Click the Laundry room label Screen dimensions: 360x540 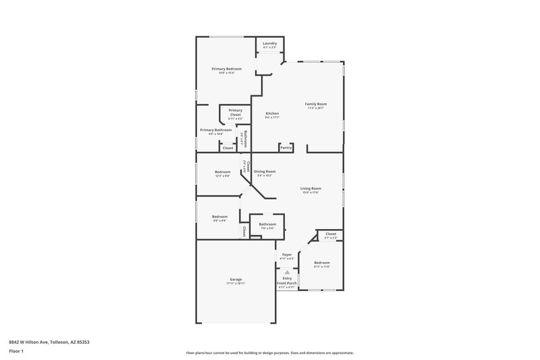(269, 44)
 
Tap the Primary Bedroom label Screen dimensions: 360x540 (226, 69)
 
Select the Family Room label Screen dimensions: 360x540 (315, 103)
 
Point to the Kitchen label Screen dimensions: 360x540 (272, 113)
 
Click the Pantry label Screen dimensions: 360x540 (286, 147)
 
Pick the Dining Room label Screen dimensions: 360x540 (264, 172)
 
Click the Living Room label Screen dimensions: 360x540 (310, 188)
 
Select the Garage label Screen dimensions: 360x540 (236, 278)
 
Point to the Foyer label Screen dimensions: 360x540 (287, 255)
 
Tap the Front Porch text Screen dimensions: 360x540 (288, 282)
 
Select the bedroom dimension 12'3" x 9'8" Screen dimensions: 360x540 (223, 176)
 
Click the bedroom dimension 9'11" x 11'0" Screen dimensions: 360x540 (322, 266)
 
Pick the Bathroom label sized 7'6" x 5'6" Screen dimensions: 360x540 (267, 224)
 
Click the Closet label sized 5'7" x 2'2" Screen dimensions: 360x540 (330, 234)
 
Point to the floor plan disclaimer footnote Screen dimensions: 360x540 (269, 353)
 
